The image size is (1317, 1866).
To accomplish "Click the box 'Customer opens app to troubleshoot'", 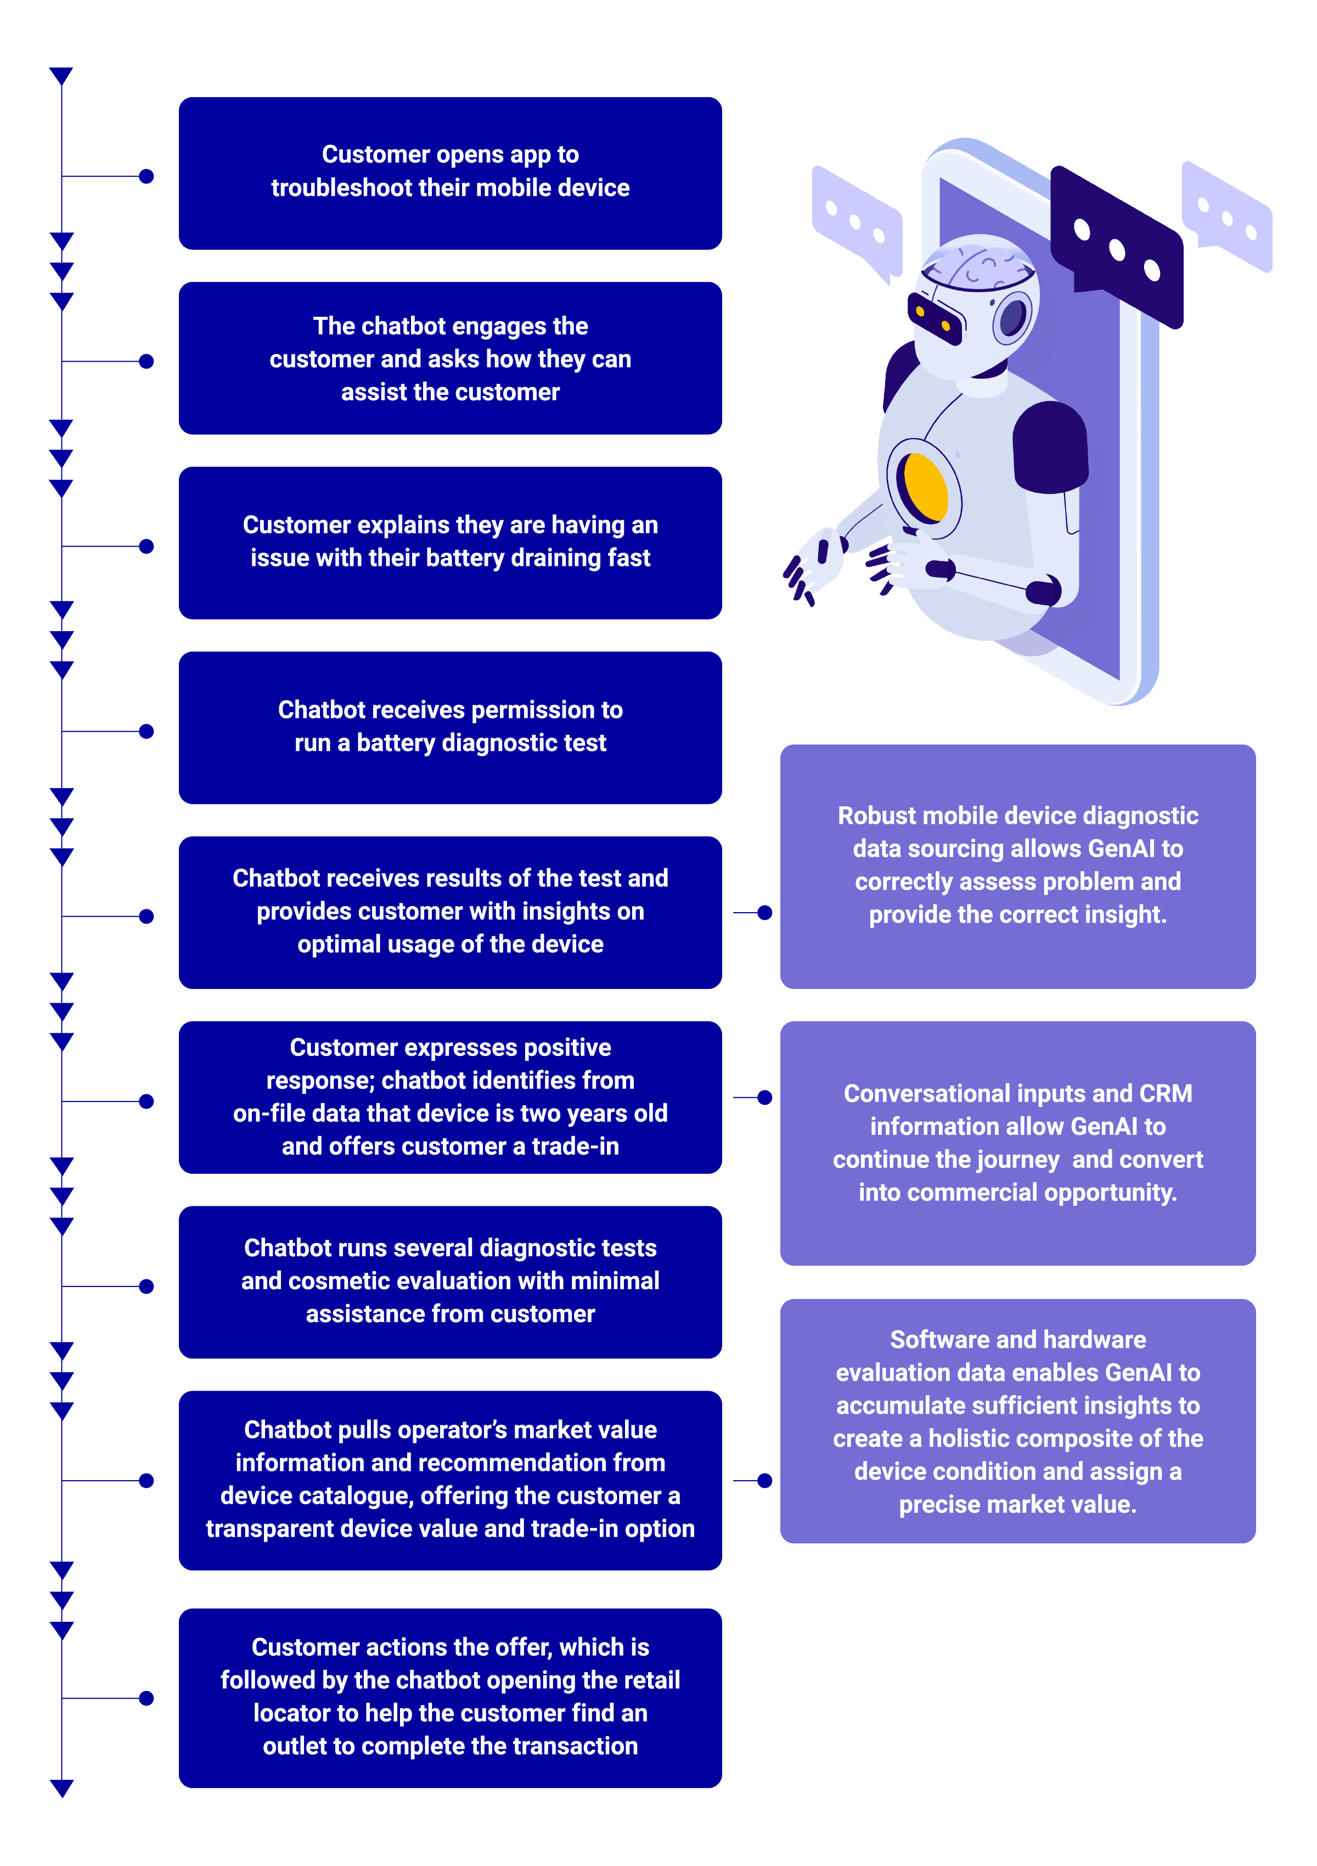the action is point(450,173).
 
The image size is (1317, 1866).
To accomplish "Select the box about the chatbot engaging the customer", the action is point(450,358).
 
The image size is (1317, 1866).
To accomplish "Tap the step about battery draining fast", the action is point(450,543).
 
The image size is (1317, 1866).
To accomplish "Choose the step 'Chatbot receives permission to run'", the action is point(450,727).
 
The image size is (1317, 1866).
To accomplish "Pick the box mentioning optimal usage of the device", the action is point(450,913).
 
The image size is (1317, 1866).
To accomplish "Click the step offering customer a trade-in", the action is point(450,1097).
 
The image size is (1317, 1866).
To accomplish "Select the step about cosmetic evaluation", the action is point(450,1282).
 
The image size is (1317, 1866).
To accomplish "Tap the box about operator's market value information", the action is point(450,1480).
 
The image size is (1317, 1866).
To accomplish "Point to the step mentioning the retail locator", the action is point(450,1698).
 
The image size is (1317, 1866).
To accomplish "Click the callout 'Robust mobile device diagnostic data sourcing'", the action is point(1018,867).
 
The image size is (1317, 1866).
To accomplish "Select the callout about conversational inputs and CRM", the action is point(1018,1144).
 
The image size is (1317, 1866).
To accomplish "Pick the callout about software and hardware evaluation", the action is point(1018,1421).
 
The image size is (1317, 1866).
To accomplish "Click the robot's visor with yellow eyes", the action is point(935,318).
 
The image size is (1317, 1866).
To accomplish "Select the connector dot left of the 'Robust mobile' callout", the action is point(764,913).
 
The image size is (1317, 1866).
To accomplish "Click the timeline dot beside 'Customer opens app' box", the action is point(147,176).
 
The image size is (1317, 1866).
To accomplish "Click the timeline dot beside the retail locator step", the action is point(147,1698).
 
